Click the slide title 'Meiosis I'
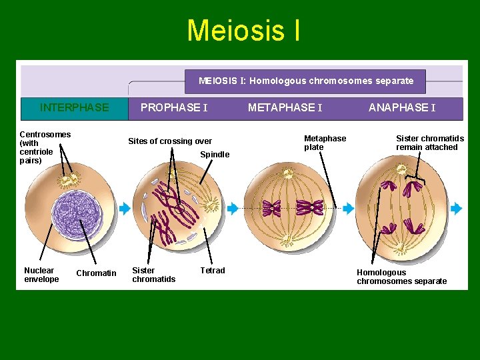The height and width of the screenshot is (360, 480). tap(243, 31)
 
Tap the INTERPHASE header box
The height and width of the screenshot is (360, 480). tap(74, 107)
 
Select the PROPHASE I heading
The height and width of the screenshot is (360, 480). tap(174, 107)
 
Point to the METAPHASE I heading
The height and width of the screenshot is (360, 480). tap(285, 107)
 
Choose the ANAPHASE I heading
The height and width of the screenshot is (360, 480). tap(402, 107)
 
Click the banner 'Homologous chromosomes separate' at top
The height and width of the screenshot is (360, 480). tap(306, 81)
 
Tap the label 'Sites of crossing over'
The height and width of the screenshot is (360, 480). tap(170, 141)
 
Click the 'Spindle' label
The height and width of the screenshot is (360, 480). tap(215, 155)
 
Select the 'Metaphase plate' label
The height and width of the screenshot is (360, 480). tap(325, 143)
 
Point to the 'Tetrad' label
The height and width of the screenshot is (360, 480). tap(213, 271)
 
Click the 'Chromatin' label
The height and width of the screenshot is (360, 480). tap(96, 273)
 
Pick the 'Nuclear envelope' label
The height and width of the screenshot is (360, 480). tap(41, 275)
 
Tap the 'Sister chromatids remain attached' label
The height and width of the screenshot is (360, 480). tap(430, 143)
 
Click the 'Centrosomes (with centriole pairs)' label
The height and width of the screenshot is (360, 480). tap(45, 147)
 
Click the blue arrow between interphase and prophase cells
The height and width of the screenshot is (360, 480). tap(125, 209)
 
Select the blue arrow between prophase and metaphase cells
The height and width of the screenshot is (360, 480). tap(232, 209)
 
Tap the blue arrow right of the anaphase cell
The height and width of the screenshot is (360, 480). tap(456, 209)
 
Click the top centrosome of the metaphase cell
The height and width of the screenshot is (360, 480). tap(289, 174)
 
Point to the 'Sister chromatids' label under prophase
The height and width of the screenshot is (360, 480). tap(153, 275)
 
